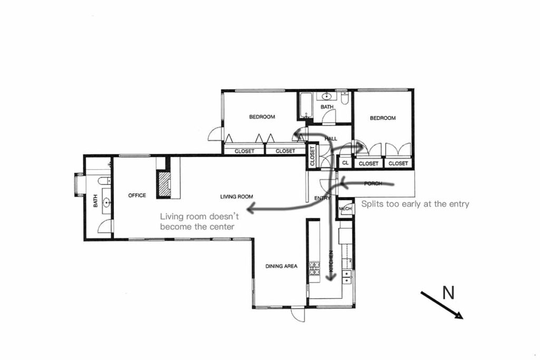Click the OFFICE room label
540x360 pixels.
pos(137,196)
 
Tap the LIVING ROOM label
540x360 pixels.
pos(234,197)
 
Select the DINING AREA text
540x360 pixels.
pos(281,266)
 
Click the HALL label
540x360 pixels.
pos(331,139)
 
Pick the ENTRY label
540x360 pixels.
pos(322,198)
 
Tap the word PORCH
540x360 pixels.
pos(373,183)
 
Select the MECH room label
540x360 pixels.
pos(345,209)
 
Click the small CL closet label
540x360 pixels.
pos(345,163)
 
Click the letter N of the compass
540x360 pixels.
pos(448,293)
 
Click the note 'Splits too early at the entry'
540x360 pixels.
pos(415,204)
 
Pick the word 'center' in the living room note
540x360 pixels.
pos(222,227)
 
